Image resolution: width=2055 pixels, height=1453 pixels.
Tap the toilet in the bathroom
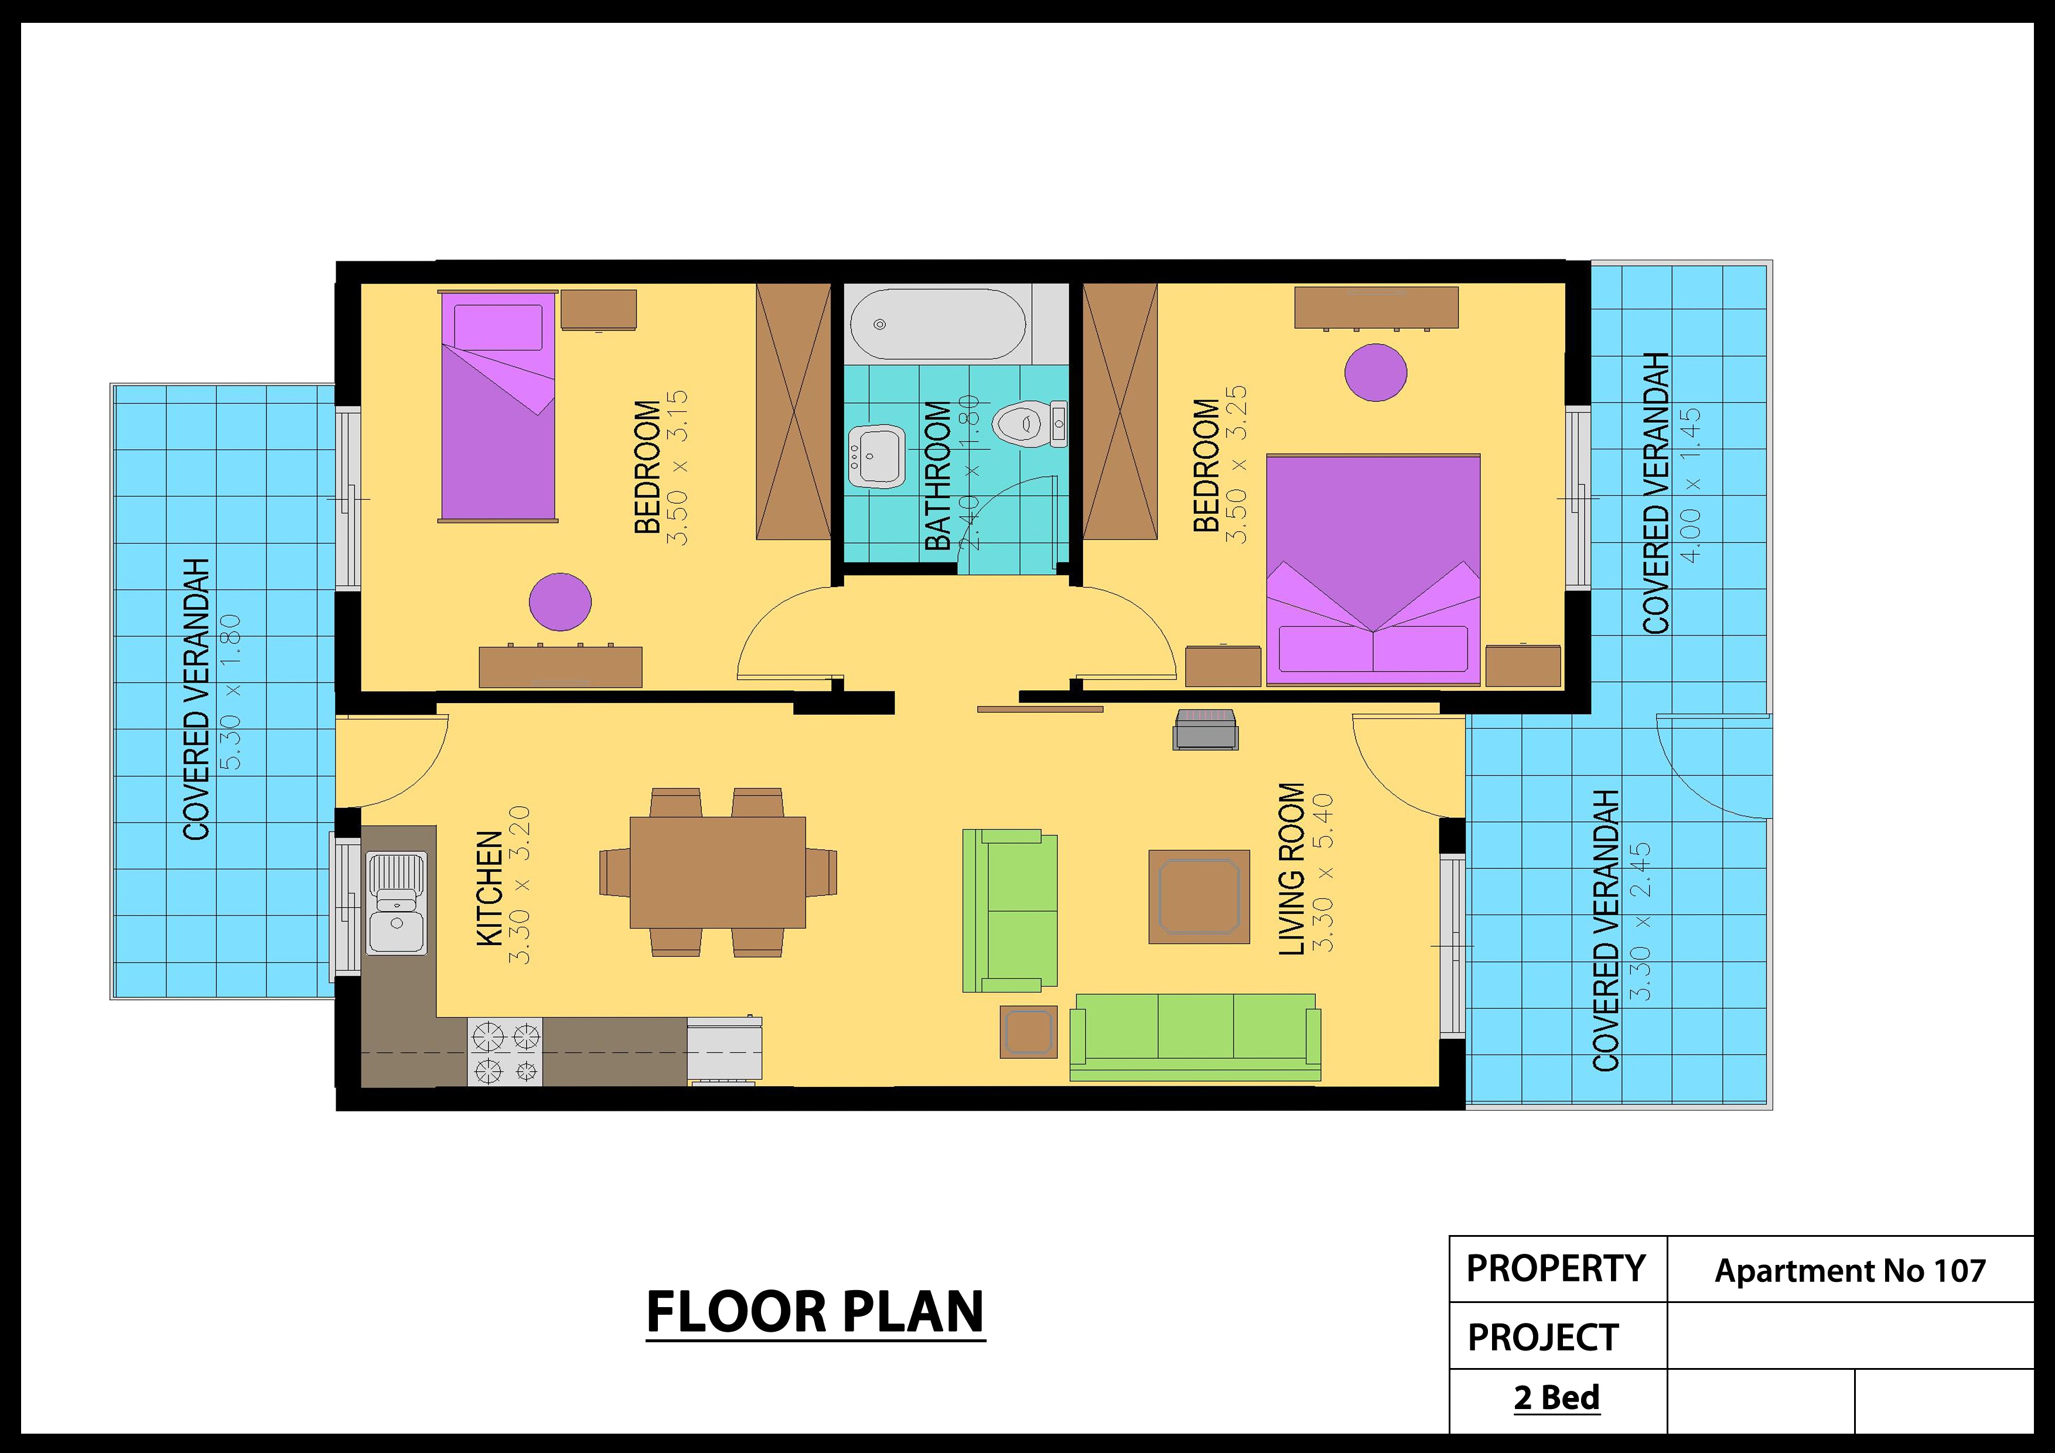pos(1029,424)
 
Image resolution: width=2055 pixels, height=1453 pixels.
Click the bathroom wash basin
pos(876,456)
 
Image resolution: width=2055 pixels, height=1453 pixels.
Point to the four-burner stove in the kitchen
pos(506,1052)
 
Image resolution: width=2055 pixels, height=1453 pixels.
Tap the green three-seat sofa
pos(1195,1036)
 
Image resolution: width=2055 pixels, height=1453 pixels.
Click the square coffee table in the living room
pos(1199,896)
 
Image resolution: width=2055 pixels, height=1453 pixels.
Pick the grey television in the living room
pos(1206,729)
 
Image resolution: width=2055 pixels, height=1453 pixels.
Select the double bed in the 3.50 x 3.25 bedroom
pos(1373,569)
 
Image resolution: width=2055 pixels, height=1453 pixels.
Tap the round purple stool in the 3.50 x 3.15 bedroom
pos(560,602)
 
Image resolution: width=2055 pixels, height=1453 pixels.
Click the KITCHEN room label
pos(490,888)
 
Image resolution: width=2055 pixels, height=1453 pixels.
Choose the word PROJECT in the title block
pos(1543,1338)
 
